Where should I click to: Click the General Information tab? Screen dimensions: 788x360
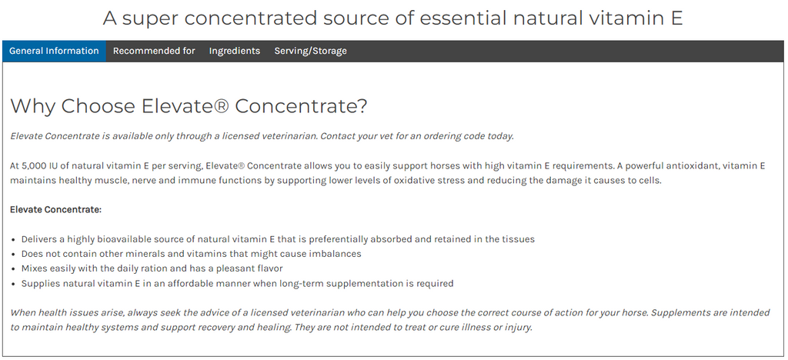(55, 51)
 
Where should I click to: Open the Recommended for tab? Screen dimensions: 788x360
(154, 51)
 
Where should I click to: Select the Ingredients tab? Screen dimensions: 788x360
(235, 51)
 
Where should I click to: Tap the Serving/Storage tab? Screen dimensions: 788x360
(311, 51)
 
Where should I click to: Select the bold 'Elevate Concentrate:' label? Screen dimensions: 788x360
(55, 209)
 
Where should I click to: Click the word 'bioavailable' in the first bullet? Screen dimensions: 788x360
(125, 239)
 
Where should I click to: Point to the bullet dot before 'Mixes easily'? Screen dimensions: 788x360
(14, 269)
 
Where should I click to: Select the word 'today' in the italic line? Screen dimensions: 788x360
(500, 136)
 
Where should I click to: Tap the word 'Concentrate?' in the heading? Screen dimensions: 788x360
(301, 106)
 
